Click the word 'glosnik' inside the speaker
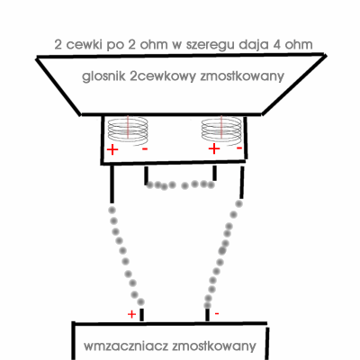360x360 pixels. click(x=103, y=76)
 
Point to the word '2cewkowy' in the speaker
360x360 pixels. click(x=163, y=76)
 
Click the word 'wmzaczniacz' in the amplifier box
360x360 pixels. click(x=126, y=346)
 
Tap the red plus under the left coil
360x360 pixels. click(x=112, y=149)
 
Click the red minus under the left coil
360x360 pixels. click(x=145, y=148)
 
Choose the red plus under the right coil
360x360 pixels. click(x=214, y=148)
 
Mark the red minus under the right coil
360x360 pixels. click(x=239, y=148)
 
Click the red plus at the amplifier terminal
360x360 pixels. click(x=131, y=314)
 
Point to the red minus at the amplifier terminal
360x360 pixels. click(x=217, y=314)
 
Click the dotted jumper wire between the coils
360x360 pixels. click(x=181, y=184)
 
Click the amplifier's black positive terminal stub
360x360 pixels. click(x=142, y=315)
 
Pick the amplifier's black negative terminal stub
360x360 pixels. click(x=207, y=314)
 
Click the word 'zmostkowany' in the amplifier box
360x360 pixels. click(x=214, y=346)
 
